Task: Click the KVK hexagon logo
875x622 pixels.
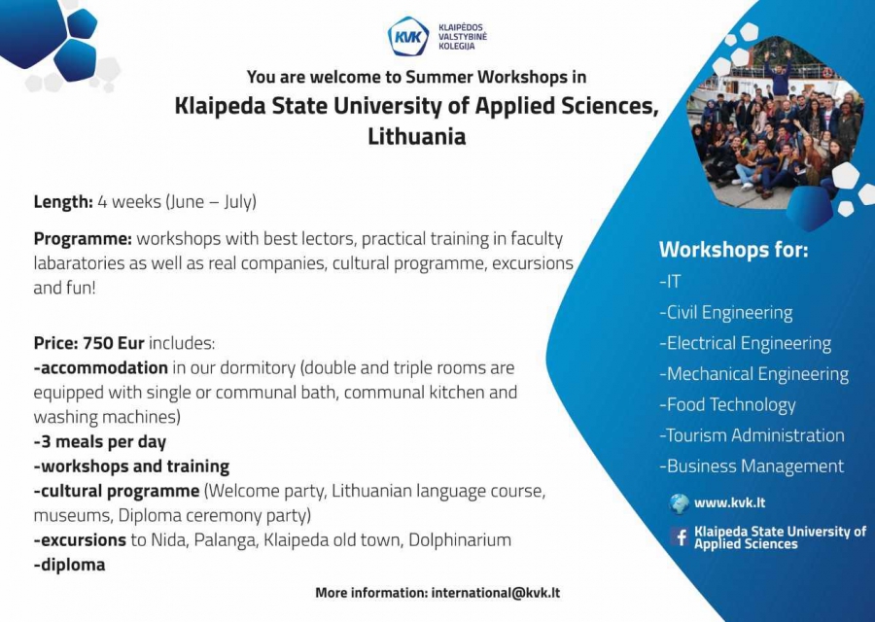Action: [408, 36]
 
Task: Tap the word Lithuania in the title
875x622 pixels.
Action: [416, 137]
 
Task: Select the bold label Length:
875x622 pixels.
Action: [63, 201]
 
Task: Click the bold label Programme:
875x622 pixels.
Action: [83, 239]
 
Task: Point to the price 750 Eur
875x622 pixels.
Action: [114, 342]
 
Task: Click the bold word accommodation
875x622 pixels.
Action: [104, 367]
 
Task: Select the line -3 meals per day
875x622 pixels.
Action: [100, 442]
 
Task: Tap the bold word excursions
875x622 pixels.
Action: [84, 540]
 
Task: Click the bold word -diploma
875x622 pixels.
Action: [69, 565]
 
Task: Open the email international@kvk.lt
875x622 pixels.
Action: [496, 593]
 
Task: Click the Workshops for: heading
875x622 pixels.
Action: [733, 250]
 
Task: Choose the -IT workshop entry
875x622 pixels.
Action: [670, 281]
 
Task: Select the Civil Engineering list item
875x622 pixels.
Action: [725, 312]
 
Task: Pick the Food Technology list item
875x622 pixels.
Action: [727, 405]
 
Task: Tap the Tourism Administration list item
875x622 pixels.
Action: [752, 435]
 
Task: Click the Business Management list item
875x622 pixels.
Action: [752, 466]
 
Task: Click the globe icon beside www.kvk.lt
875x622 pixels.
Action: [680, 503]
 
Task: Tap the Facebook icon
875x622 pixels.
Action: [680, 537]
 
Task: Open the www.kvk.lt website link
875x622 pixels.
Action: [729, 502]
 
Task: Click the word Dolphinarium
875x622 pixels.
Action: [460, 540]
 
